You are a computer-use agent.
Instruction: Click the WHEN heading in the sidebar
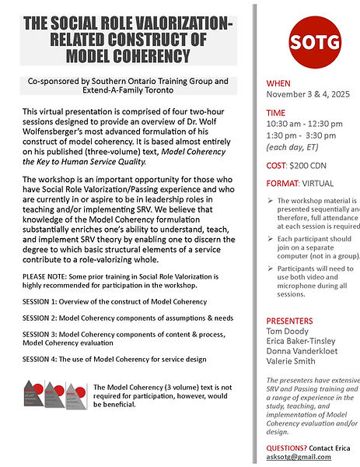point(279,83)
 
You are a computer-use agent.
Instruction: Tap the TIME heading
point(276,113)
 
